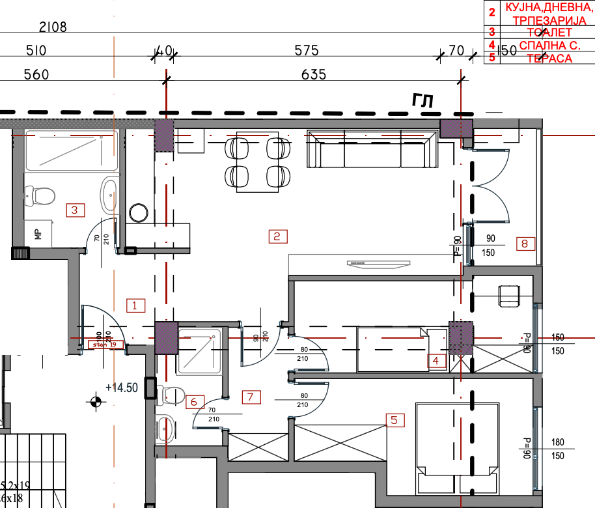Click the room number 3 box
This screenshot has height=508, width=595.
point(76,210)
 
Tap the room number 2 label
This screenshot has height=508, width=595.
point(278,236)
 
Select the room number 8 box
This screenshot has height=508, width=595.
point(525,244)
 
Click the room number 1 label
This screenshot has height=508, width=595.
point(135,304)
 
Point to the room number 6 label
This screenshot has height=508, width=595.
point(194,402)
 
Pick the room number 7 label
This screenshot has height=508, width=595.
point(251,396)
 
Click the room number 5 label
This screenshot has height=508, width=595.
point(393,420)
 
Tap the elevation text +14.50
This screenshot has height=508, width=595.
point(122,388)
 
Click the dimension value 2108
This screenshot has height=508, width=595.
point(53,27)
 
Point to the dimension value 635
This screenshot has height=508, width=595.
point(314,75)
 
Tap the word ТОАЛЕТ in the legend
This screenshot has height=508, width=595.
point(540,32)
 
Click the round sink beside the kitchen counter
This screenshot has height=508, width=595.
point(139,213)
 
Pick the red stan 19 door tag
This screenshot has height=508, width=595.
point(105,345)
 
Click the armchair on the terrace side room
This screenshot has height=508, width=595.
point(509,295)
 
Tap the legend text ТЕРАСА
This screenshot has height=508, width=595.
point(541,59)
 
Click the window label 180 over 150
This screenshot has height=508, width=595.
point(557,449)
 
